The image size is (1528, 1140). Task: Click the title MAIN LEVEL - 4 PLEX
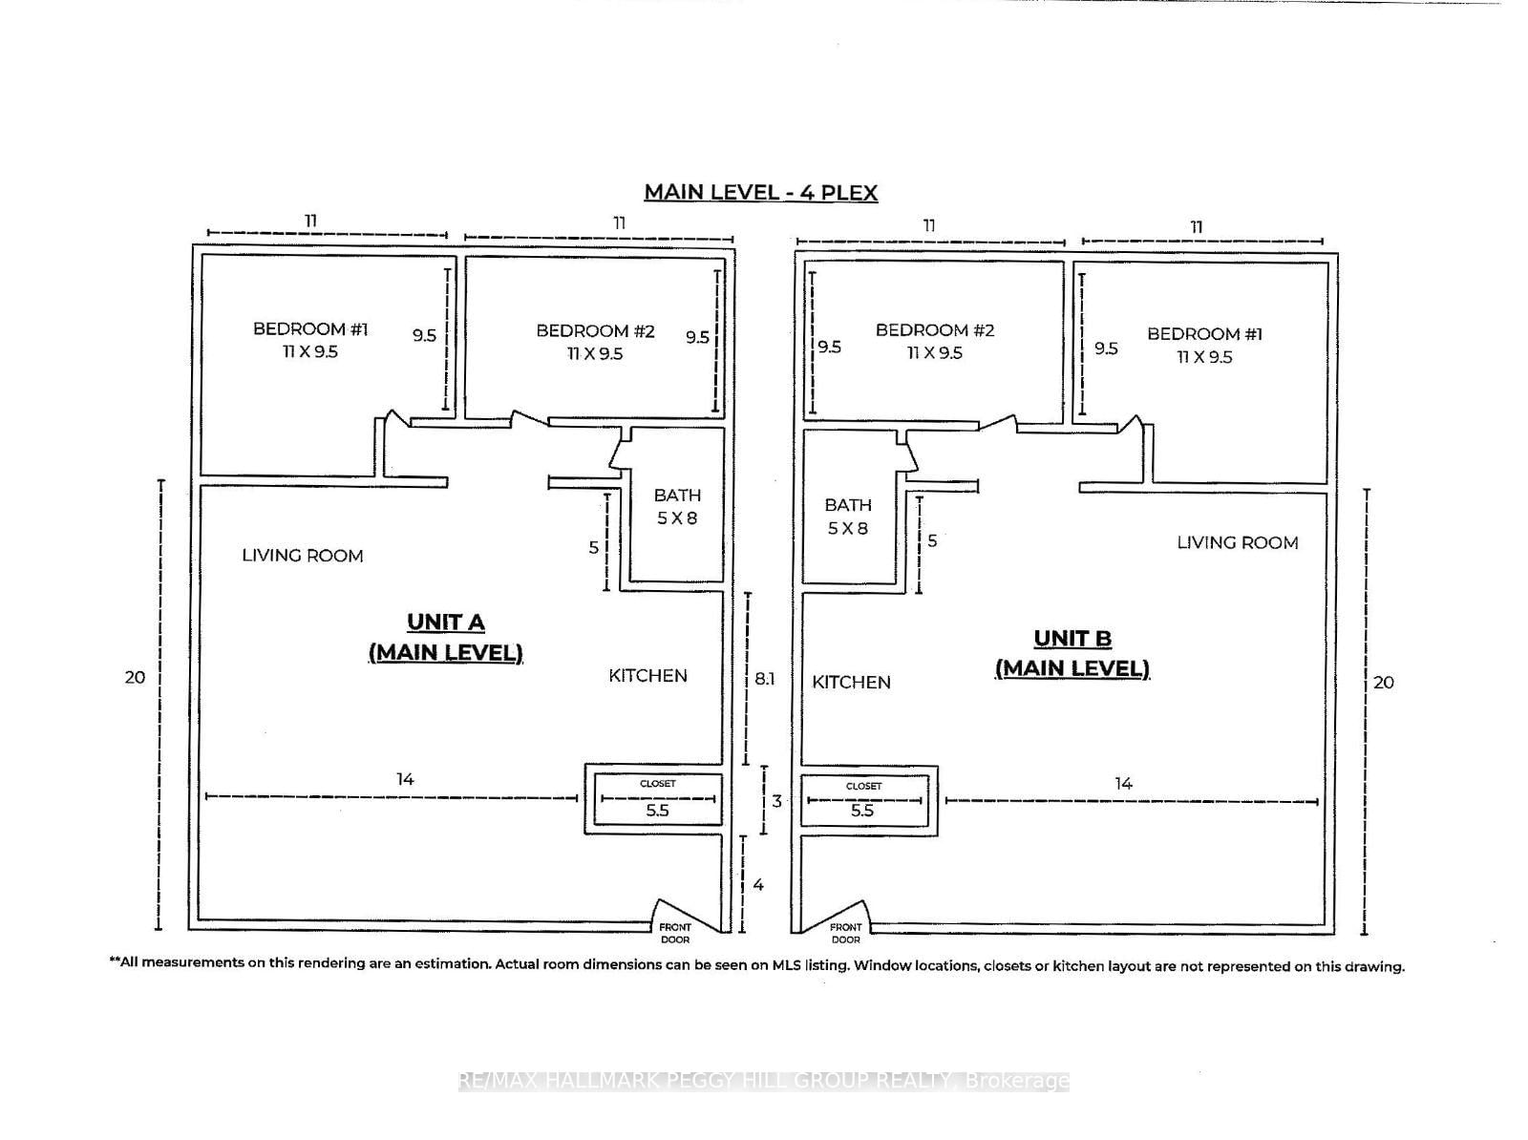pos(760,192)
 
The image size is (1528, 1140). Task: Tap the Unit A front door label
pos(675,933)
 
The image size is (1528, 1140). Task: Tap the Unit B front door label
pos(845,933)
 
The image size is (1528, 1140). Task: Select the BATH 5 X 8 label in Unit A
pos(677,507)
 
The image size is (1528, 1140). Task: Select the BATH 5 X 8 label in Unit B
pos(848,517)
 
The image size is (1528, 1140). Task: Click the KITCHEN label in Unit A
pos(647,676)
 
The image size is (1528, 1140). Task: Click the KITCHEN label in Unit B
pos(851,683)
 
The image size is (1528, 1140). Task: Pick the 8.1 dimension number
pos(764,679)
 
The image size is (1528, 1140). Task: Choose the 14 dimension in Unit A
pos(405,780)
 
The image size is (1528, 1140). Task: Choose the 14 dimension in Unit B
pos(1123,784)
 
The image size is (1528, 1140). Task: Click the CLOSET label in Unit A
pos(657,784)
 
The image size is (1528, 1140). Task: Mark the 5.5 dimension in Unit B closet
pos(862,811)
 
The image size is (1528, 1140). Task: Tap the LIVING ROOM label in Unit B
pos(1237,543)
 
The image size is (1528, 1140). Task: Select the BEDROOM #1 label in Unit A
pos(309,340)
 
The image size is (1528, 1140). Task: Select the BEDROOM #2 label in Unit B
pos(934,341)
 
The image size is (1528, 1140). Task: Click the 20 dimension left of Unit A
pos(135,677)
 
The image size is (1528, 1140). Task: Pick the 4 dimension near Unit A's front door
pos(758,885)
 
